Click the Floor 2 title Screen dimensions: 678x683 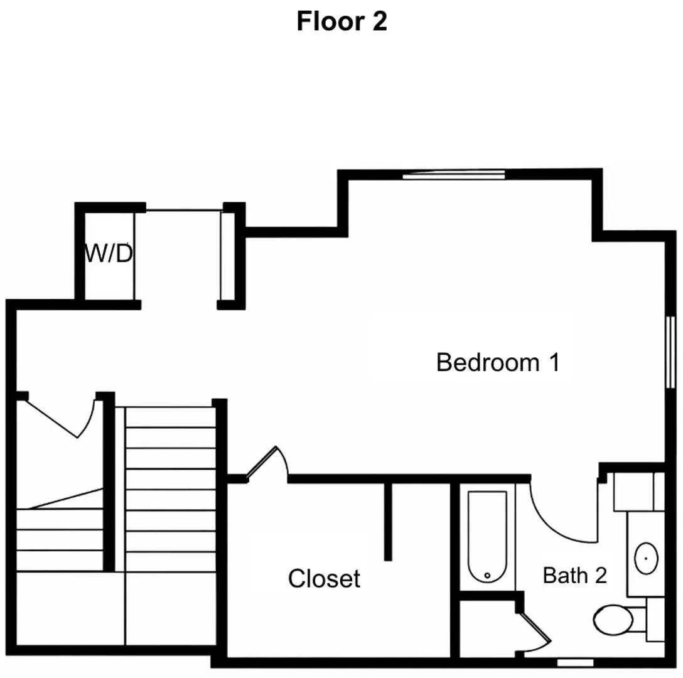[x=341, y=21]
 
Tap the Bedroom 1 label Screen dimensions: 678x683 [x=497, y=363]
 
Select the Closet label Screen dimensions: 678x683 [x=324, y=579]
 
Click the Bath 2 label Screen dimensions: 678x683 [x=574, y=575]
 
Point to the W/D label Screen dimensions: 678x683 [x=109, y=254]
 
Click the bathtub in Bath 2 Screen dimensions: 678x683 [x=487, y=537]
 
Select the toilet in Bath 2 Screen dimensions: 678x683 [x=614, y=620]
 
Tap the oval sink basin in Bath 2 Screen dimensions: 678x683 [x=645, y=557]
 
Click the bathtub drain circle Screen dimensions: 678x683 [x=487, y=574]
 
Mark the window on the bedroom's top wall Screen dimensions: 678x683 [x=453, y=175]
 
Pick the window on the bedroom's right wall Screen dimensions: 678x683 [x=670, y=352]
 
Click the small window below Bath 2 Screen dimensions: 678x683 [x=575, y=662]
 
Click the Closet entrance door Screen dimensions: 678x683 [x=265, y=463]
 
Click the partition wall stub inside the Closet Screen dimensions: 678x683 [x=388, y=521]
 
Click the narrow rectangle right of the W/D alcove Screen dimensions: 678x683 [x=227, y=256]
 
